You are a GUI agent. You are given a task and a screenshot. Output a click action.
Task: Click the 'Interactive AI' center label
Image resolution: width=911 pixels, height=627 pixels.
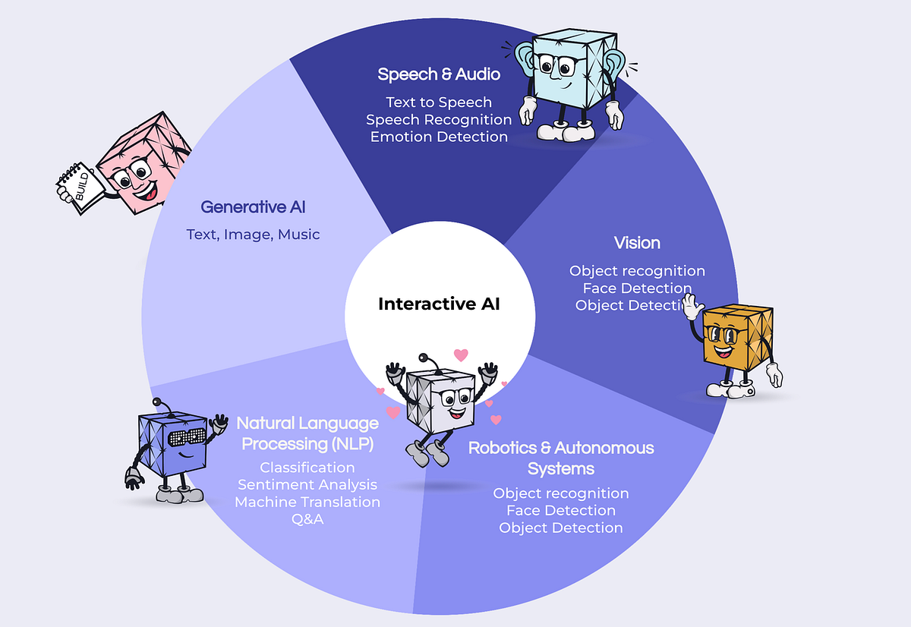click(x=439, y=304)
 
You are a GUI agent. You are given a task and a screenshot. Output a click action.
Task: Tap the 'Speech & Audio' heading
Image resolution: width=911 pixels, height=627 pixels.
click(x=439, y=74)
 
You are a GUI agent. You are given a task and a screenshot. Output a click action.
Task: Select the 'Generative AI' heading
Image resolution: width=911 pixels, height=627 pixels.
click(x=253, y=206)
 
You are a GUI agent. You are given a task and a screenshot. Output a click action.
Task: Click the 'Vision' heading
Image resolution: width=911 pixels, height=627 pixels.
click(x=637, y=243)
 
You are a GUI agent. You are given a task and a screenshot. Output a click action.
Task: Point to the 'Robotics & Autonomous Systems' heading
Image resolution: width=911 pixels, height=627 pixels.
click(x=561, y=458)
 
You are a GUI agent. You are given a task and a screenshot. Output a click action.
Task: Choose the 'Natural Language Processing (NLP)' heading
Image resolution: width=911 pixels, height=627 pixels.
click(x=307, y=433)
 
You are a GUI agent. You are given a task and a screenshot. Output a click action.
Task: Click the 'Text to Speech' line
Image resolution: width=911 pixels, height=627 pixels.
click(x=439, y=102)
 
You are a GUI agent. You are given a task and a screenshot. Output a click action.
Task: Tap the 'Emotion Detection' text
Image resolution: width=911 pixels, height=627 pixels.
click(x=439, y=137)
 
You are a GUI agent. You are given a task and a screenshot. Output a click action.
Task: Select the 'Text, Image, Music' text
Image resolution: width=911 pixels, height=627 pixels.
click(x=253, y=235)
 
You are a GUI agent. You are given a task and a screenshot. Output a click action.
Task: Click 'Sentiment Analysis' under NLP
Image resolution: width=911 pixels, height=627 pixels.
click(x=307, y=484)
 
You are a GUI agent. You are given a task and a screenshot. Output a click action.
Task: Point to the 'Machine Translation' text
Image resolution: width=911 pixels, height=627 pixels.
click(x=307, y=502)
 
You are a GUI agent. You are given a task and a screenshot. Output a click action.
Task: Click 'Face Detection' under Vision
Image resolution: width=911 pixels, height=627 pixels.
click(x=637, y=288)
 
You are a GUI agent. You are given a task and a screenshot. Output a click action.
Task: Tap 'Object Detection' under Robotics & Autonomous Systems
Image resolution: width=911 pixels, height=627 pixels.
click(x=561, y=528)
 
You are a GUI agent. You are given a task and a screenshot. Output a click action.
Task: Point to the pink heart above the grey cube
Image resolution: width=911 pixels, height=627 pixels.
click(x=461, y=354)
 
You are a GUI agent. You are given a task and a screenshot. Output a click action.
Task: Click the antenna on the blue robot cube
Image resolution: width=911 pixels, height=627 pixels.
click(x=156, y=402)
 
